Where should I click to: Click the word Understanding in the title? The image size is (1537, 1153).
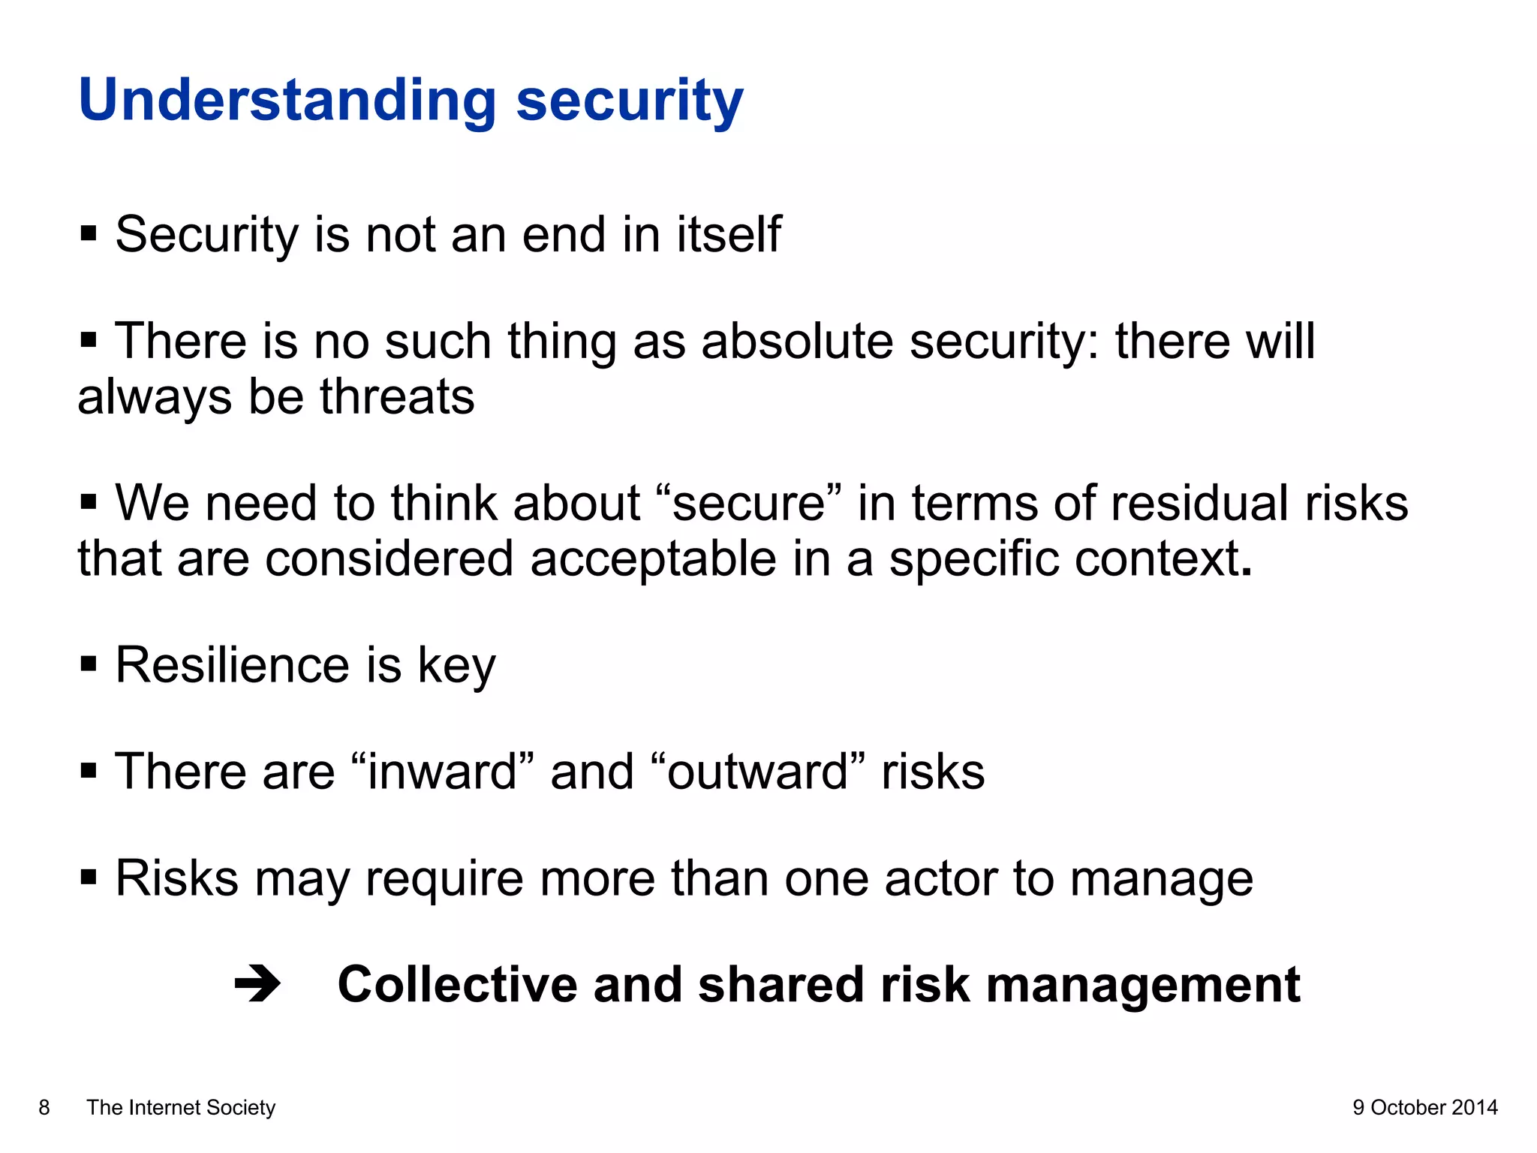click(x=287, y=101)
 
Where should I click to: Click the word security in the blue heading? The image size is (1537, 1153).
click(x=629, y=101)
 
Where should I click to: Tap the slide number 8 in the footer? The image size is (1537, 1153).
click(x=44, y=1107)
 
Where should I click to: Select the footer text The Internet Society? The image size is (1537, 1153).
click(x=181, y=1107)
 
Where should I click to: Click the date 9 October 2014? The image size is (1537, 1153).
click(x=1424, y=1107)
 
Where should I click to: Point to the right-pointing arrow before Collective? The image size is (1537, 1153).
click(x=257, y=984)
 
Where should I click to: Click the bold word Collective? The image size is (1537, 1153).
click(x=457, y=984)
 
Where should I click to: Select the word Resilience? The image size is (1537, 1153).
click(x=232, y=665)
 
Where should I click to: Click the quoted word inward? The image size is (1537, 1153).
click(x=443, y=772)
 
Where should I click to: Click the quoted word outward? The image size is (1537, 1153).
click(x=757, y=772)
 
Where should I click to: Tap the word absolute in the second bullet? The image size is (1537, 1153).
click(x=797, y=342)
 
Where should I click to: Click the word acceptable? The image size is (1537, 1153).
click(x=653, y=559)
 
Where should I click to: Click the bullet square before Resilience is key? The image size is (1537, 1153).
click(x=89, y=664)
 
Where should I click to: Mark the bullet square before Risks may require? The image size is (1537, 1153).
click(x=89, y=877)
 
